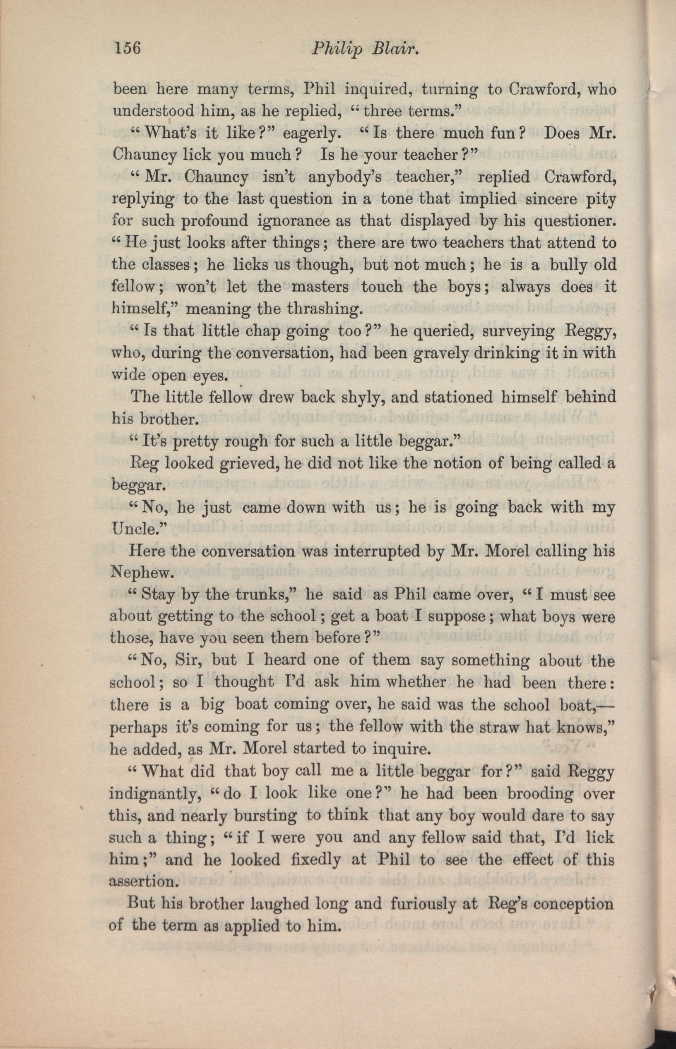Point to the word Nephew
[x=140, y=573]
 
